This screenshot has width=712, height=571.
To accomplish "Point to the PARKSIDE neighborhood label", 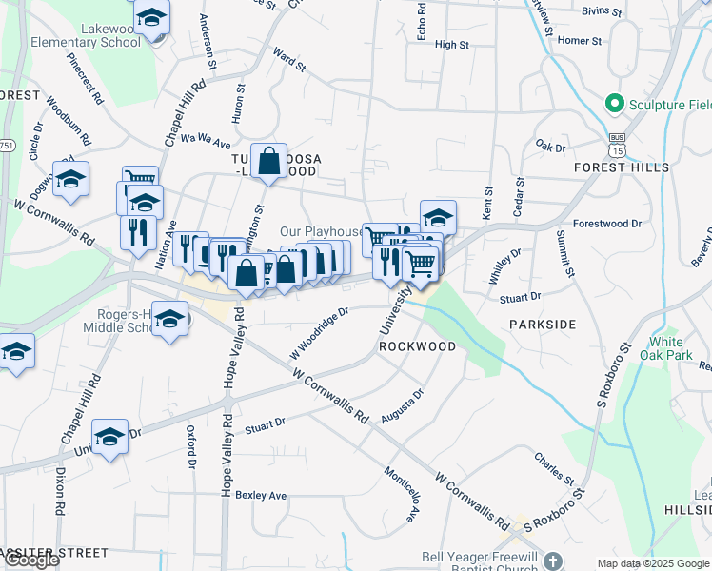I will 543,325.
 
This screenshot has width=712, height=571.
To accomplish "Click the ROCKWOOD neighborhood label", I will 418,346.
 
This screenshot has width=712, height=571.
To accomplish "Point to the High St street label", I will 451,45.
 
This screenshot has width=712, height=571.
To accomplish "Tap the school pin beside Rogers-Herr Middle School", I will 170,319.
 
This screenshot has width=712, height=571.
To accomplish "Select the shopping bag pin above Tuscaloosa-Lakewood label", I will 269,163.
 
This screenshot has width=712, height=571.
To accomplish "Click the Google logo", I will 31,560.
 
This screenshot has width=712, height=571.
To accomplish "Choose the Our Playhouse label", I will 321,231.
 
